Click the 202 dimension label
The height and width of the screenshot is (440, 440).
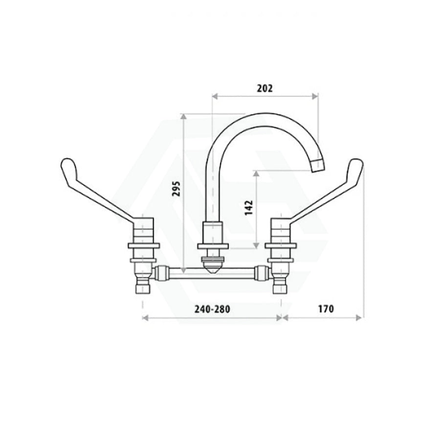[x=264, y=88]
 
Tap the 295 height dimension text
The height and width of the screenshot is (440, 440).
[x=176, y=189]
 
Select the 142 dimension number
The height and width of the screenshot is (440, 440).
[x=249, y=208]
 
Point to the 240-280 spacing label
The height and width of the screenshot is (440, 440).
[x=212, y=309]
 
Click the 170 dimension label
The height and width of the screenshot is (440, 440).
[x=326, y=309]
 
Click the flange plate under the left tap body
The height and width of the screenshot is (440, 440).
[x=144, y=245]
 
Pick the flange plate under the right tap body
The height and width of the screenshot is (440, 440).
[x=281, y=245]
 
